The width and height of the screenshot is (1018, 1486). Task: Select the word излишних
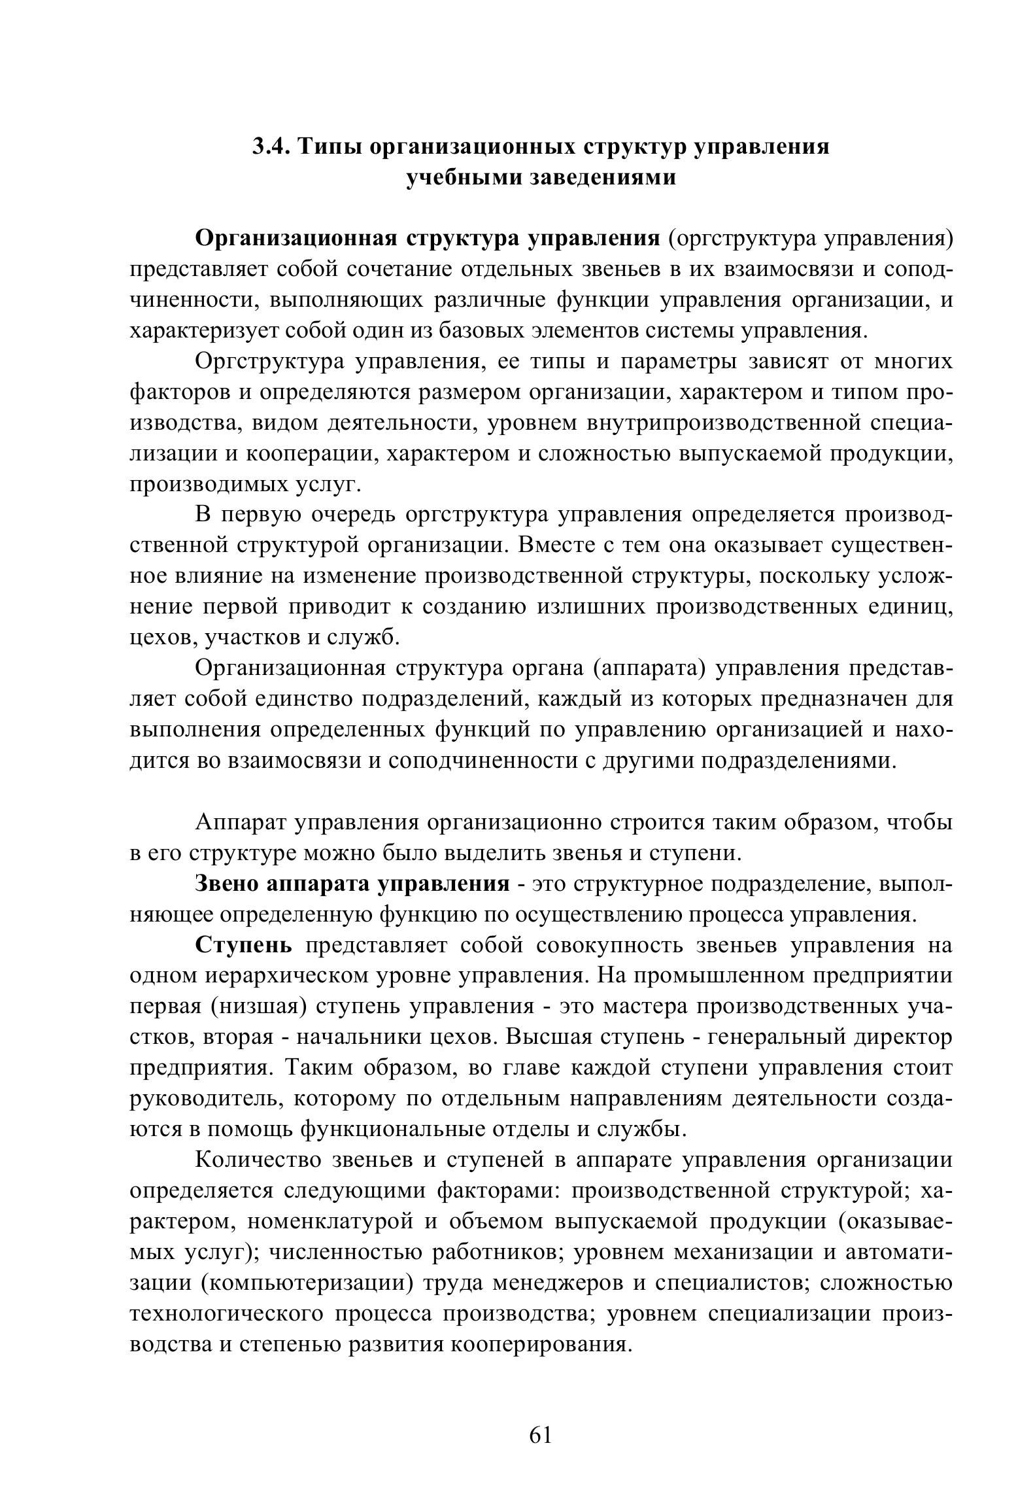pos(592,606)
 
